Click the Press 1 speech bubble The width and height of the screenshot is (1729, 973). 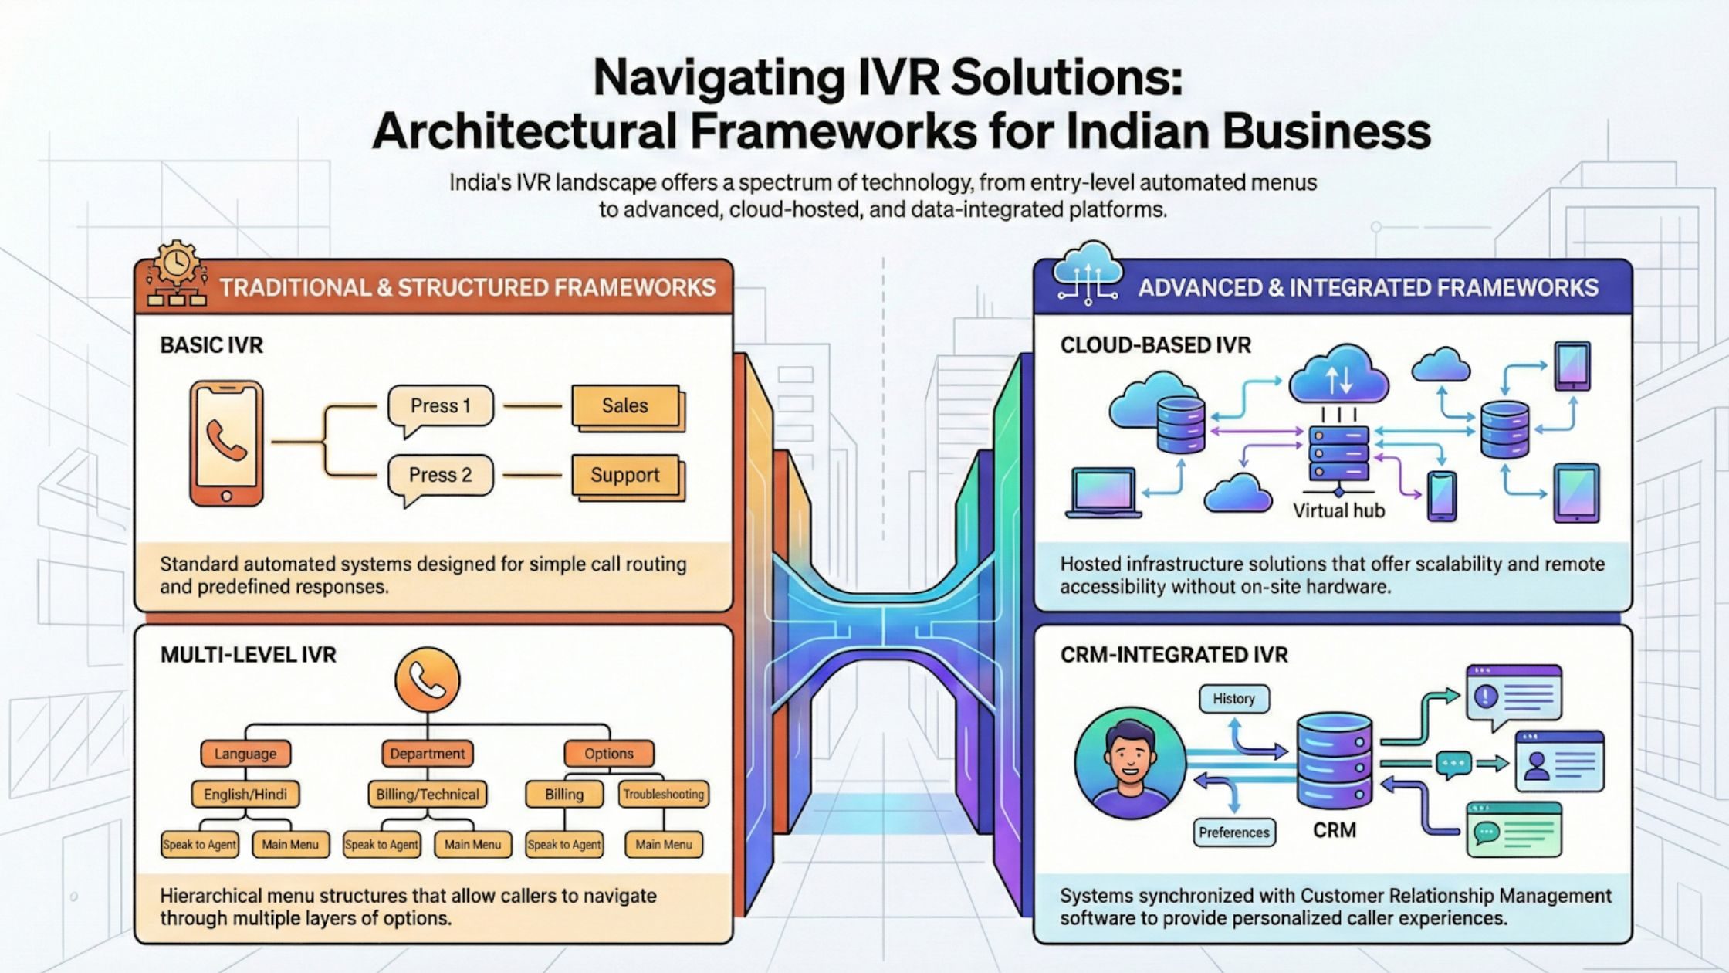click(440, 406)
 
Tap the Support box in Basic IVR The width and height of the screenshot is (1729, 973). click(625, 475)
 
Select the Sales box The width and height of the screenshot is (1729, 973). click(625, 405)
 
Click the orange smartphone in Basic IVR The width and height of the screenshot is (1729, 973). click(226, 443)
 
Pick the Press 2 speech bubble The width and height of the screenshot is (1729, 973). click(440, 475)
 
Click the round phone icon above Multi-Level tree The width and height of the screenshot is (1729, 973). click(427, 680)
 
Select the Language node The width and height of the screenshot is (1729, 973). click(245, 754)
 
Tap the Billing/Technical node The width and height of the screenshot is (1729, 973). click(427, 794)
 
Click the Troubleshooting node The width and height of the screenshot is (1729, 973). click(663, 794)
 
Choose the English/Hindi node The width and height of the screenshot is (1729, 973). click(245, 794)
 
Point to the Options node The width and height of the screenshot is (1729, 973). click(608, 754)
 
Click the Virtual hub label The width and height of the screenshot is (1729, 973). click(1338, 511)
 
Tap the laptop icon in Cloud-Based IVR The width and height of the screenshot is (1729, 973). click(1103, 493)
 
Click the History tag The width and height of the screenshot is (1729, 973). click(1233, 699)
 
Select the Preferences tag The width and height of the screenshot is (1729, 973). click(1233, 832)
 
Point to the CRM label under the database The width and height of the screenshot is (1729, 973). click(1335, 830)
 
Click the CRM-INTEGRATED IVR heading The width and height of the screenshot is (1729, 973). click(1174, 655)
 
